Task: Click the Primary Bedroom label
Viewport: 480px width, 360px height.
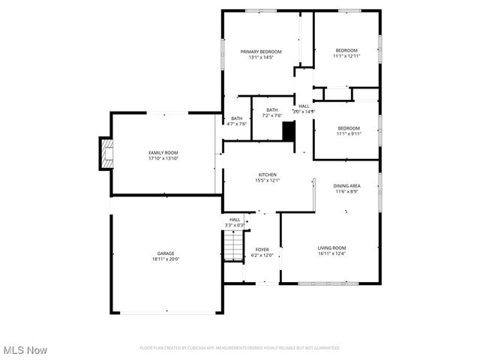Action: pos(260,52)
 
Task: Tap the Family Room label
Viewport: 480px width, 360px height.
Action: pos(163,153)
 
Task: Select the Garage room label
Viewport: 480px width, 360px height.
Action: pos(165,253)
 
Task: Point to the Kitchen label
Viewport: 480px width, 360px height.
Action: pos(268,175)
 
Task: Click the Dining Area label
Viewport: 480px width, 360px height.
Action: pos(346,185)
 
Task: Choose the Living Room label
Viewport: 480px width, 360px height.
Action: pos(331,247)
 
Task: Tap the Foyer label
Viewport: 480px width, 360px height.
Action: pos(262,249)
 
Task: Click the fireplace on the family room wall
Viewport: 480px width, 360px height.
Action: pos(106,153)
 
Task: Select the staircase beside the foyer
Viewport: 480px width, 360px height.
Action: pos(234,246)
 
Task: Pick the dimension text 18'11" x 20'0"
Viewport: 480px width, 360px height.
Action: pos(166,259)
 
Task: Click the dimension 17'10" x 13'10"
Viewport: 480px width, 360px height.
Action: pos(163,158)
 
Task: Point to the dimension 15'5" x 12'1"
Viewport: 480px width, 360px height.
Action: pos(268,180)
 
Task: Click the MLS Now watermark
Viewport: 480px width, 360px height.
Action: pos(25,350)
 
